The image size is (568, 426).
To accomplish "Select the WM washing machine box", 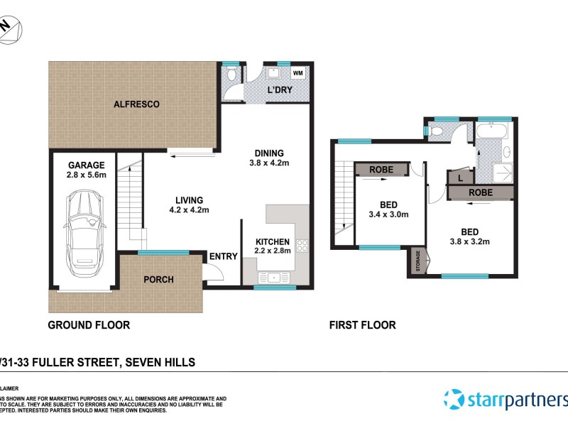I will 298,73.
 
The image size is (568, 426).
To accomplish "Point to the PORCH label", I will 158,279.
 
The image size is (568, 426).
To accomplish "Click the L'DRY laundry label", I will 279,91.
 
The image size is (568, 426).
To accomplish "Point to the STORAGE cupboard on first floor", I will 417,261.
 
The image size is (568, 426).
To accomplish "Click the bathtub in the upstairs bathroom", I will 491,131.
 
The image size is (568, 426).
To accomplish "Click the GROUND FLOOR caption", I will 89,325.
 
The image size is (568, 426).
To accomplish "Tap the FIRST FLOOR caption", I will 361,325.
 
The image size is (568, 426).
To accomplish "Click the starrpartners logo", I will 505,399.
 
